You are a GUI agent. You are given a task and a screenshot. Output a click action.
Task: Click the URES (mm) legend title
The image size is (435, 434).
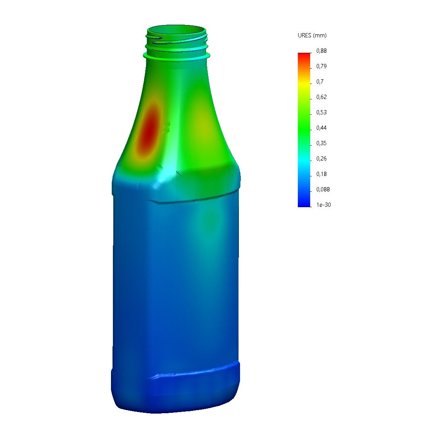(312, 35)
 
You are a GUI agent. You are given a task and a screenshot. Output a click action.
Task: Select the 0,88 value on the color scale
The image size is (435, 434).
(321, 51)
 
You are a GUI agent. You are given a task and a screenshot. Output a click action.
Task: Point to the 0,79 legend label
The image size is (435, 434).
(321, 66)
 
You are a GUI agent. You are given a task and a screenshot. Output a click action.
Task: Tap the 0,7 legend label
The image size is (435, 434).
(320, 82)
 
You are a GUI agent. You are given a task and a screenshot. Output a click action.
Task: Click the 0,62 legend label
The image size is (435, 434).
(321, 97)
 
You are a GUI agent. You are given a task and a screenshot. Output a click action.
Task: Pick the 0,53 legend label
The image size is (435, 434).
(321, 112)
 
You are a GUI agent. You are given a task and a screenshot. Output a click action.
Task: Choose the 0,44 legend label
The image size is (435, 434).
(321, 128)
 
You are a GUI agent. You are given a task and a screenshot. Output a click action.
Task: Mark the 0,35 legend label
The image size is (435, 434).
(321, 143)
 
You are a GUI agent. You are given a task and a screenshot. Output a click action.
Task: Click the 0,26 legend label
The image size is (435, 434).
(321, 159)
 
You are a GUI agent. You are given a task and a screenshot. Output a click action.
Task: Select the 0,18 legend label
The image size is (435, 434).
(321, 174)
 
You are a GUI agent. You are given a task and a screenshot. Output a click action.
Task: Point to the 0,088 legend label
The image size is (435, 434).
(323, 189)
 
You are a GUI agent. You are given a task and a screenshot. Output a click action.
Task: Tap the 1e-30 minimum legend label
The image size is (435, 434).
(323, 205)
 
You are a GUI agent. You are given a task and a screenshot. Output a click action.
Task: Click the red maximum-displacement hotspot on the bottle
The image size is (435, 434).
(149, 129)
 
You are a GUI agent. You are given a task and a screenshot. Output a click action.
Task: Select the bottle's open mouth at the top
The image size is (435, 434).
(177, 30)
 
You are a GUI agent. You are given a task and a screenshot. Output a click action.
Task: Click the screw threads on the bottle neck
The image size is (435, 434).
(177, 42)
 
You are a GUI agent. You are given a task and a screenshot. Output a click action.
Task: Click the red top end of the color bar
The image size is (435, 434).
(304, 56)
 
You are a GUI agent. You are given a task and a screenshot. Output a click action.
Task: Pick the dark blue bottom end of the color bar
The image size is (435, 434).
(304, 204)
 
